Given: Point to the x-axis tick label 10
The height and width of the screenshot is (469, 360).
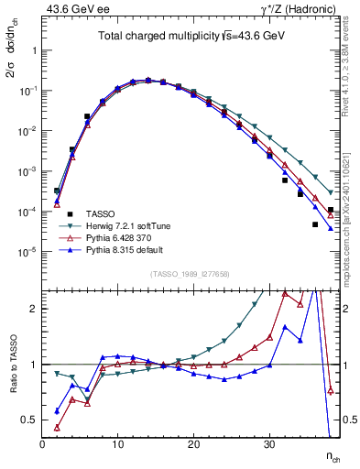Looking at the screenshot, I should (117, 444).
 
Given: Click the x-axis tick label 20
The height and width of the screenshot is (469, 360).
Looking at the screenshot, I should (193, 444).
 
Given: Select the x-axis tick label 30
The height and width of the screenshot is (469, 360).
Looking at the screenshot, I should (269, 444).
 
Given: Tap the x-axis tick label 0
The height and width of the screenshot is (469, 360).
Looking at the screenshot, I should (42, 444).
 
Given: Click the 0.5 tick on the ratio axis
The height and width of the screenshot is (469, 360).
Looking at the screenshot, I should (29, 420).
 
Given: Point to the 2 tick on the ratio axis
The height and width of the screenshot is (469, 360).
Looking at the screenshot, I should (34, 309).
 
